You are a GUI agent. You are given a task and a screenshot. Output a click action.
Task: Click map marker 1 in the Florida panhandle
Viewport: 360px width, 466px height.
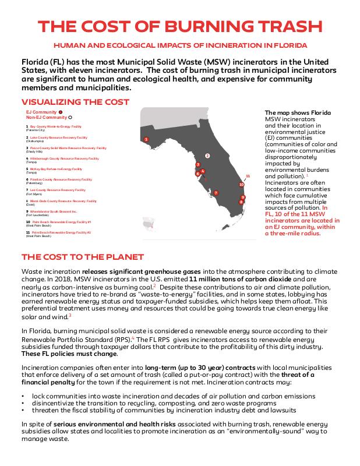tap(146, 139)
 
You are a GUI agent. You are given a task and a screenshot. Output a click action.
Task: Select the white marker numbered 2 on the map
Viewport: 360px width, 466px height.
tap(207, 156)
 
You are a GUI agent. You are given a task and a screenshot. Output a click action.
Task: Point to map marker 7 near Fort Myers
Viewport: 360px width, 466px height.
tap(216, 193)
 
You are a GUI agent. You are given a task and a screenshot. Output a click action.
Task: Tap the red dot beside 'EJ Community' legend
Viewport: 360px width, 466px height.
tap(61, 111)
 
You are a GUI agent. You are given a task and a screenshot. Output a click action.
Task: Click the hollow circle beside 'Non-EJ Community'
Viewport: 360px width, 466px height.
tap(70, 117)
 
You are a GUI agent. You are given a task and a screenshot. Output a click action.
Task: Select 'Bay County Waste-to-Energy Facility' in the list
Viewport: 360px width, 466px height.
tap(55, 126)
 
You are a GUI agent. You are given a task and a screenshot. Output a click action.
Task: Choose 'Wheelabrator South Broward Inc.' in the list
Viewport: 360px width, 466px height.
tap(57, 211)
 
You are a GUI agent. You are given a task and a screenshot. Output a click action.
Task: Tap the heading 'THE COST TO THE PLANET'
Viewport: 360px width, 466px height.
tap(82, 257)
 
